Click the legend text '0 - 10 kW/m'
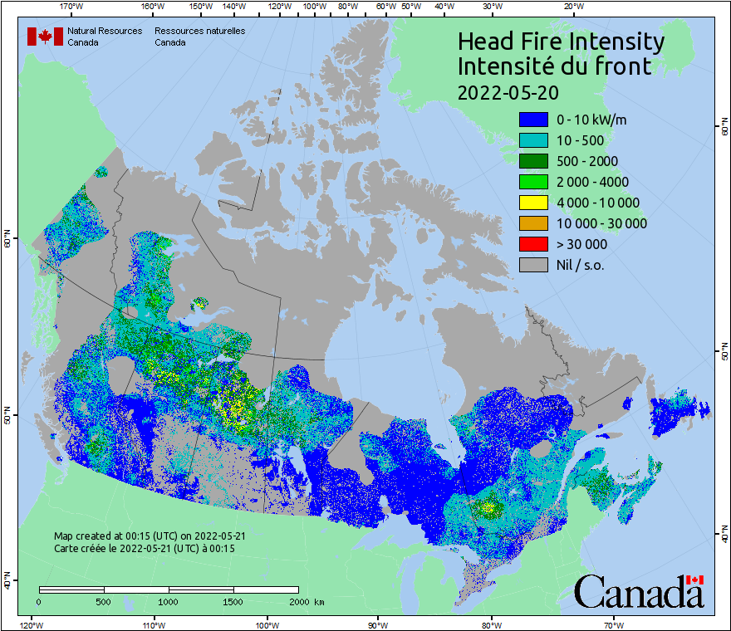(591, 120)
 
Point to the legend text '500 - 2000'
(587, 161)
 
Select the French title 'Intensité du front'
(554, 66)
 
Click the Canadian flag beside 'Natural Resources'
(45, 37)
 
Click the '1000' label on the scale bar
(169, 601)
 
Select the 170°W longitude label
(72, 7)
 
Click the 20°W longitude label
(572, 7)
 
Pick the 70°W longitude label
(614, 624)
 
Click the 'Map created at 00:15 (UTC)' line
(150, 536)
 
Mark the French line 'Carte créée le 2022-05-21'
(145, 549)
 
